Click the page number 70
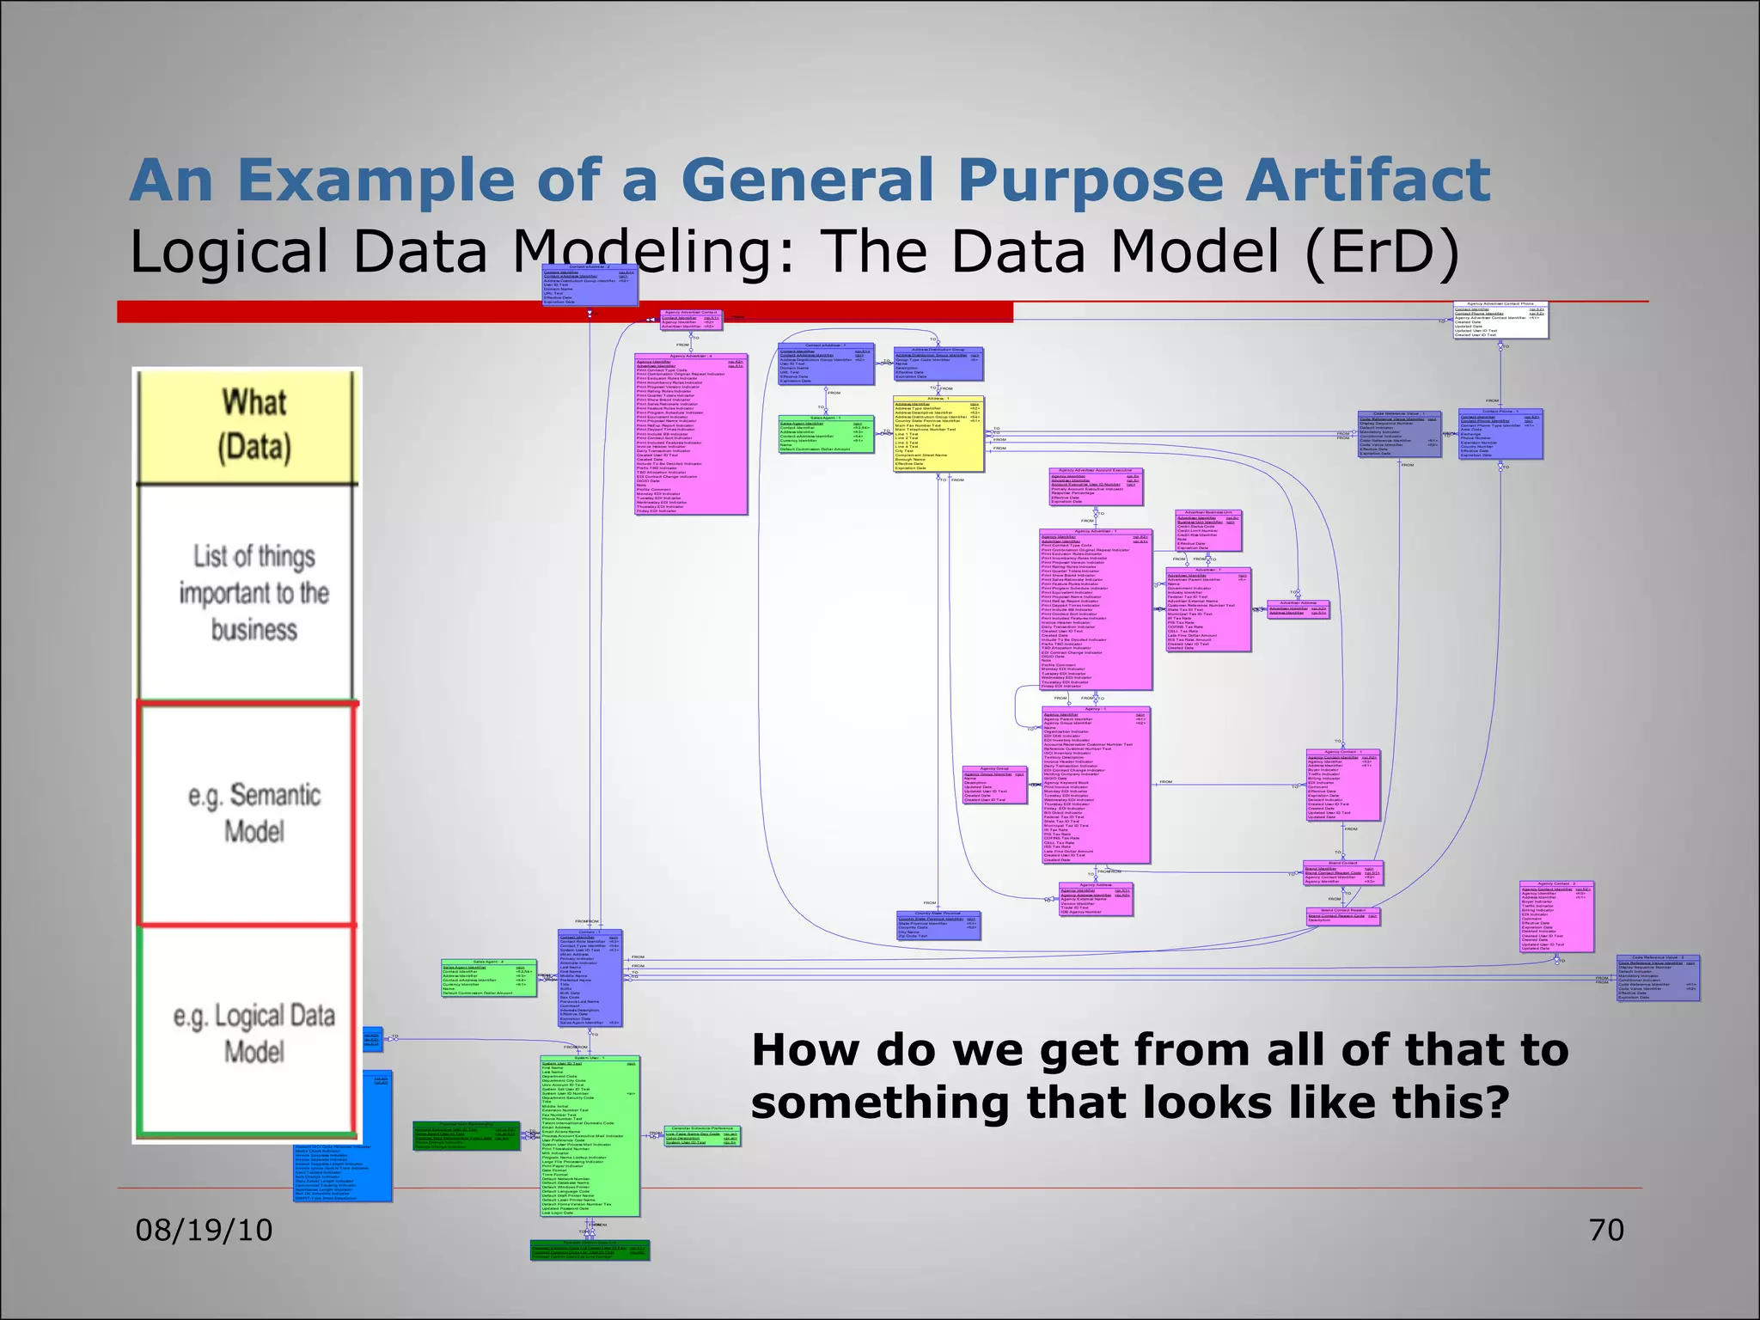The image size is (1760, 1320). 1606,1231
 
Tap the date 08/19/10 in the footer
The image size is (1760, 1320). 205,1231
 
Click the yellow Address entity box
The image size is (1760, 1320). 938,434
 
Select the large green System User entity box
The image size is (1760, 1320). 590,1135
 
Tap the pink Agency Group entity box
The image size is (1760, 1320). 994,785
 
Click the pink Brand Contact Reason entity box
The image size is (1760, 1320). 1343,916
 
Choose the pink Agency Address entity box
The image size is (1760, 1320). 1096,899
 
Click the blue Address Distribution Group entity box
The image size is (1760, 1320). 938,364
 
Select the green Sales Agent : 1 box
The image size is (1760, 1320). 825,434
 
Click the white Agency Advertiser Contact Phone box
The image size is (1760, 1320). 1500,320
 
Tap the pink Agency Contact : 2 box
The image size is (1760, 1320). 1556,916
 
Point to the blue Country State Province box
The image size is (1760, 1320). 937,926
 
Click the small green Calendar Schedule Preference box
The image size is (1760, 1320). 701,1136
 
